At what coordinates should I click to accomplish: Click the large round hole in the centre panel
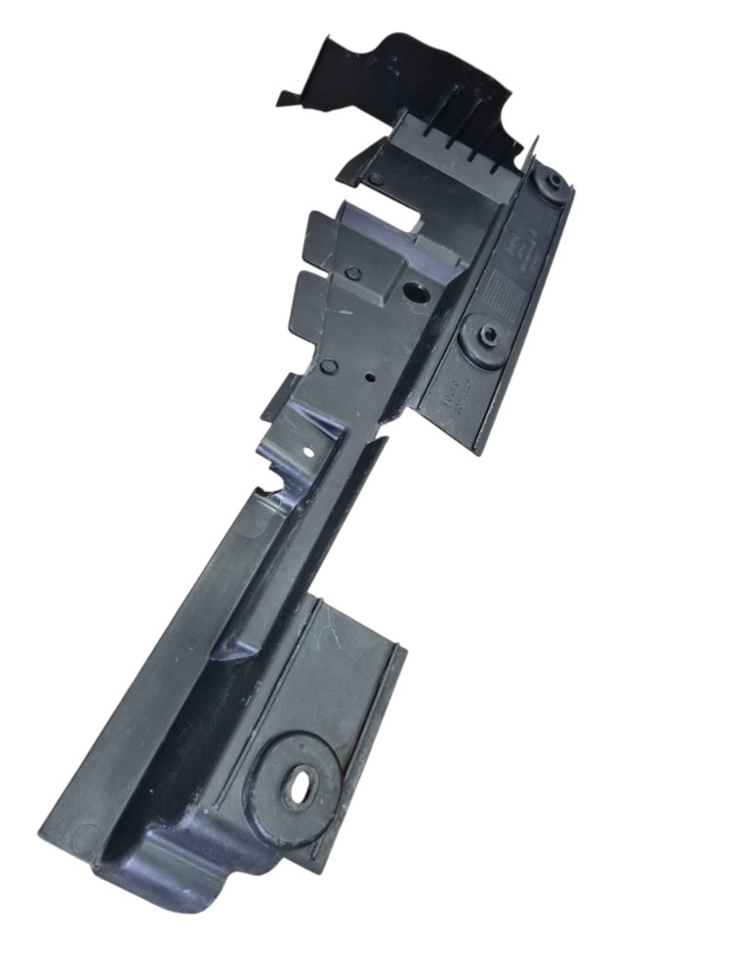pyautogui.click(x=414, y=292)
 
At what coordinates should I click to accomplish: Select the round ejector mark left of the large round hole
pyautogui.click(x=355, y=274)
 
